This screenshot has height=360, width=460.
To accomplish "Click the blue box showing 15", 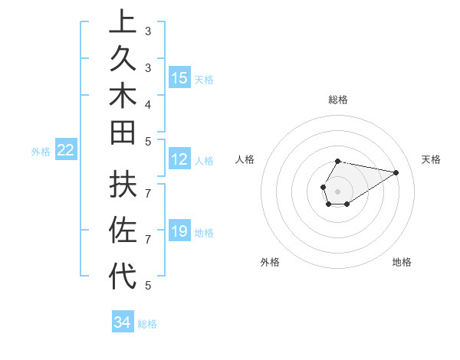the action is point(179,77).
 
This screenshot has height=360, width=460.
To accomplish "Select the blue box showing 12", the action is point(179,159).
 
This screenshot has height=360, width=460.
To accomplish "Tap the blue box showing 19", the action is point(179,231).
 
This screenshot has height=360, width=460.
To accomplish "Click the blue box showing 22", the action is point(66,150).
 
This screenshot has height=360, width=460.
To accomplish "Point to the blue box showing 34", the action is point(122,322).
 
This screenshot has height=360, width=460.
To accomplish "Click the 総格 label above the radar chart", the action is point(338,100).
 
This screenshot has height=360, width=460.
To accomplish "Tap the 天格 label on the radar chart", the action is point(431,159).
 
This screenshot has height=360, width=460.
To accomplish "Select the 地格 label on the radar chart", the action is point(402,262).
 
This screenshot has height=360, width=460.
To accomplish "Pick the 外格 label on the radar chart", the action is point(270,262).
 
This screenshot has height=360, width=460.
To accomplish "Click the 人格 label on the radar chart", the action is point(245,159).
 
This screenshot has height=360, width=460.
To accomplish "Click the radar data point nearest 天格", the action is point(396,172).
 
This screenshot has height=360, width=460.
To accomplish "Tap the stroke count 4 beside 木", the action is point(148,103).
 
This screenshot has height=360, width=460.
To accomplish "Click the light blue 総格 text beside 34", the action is point(148,324).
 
